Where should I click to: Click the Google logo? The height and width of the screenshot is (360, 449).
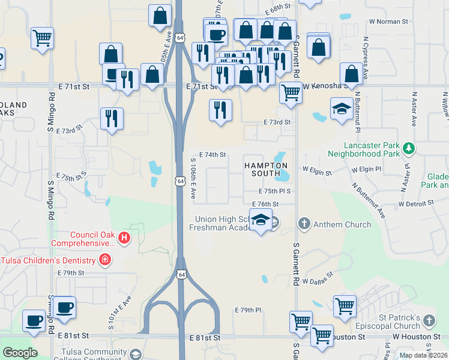point(20,353)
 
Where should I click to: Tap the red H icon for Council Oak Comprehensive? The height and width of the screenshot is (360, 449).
point(124,239)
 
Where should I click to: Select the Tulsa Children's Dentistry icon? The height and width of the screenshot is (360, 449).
point(104,260)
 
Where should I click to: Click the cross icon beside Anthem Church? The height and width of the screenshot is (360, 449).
point(304,224)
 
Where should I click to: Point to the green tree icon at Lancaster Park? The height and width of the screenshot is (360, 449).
point(408,148)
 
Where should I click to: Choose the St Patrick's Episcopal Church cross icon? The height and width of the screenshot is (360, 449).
point(429,321)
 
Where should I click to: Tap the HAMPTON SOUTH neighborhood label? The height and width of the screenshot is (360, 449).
point(265,169)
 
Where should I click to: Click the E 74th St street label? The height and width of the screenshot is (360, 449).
point(212,155)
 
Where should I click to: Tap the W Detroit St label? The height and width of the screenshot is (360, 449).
point(416,204)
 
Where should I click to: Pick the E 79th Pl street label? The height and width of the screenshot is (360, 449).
point(248,310)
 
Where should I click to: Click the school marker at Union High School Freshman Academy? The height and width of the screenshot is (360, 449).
point(261,221)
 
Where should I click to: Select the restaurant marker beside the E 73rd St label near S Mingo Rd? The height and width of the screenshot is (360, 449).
point(112,118)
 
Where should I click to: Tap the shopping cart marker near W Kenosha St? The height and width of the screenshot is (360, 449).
point(291,93)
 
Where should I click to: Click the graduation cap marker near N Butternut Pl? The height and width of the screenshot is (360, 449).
point(342,109)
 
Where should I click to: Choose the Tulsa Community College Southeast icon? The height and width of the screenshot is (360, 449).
point(136,354)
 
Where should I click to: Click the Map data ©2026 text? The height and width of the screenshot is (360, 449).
point(423,355)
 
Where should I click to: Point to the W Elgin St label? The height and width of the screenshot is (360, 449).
point(317,172)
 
